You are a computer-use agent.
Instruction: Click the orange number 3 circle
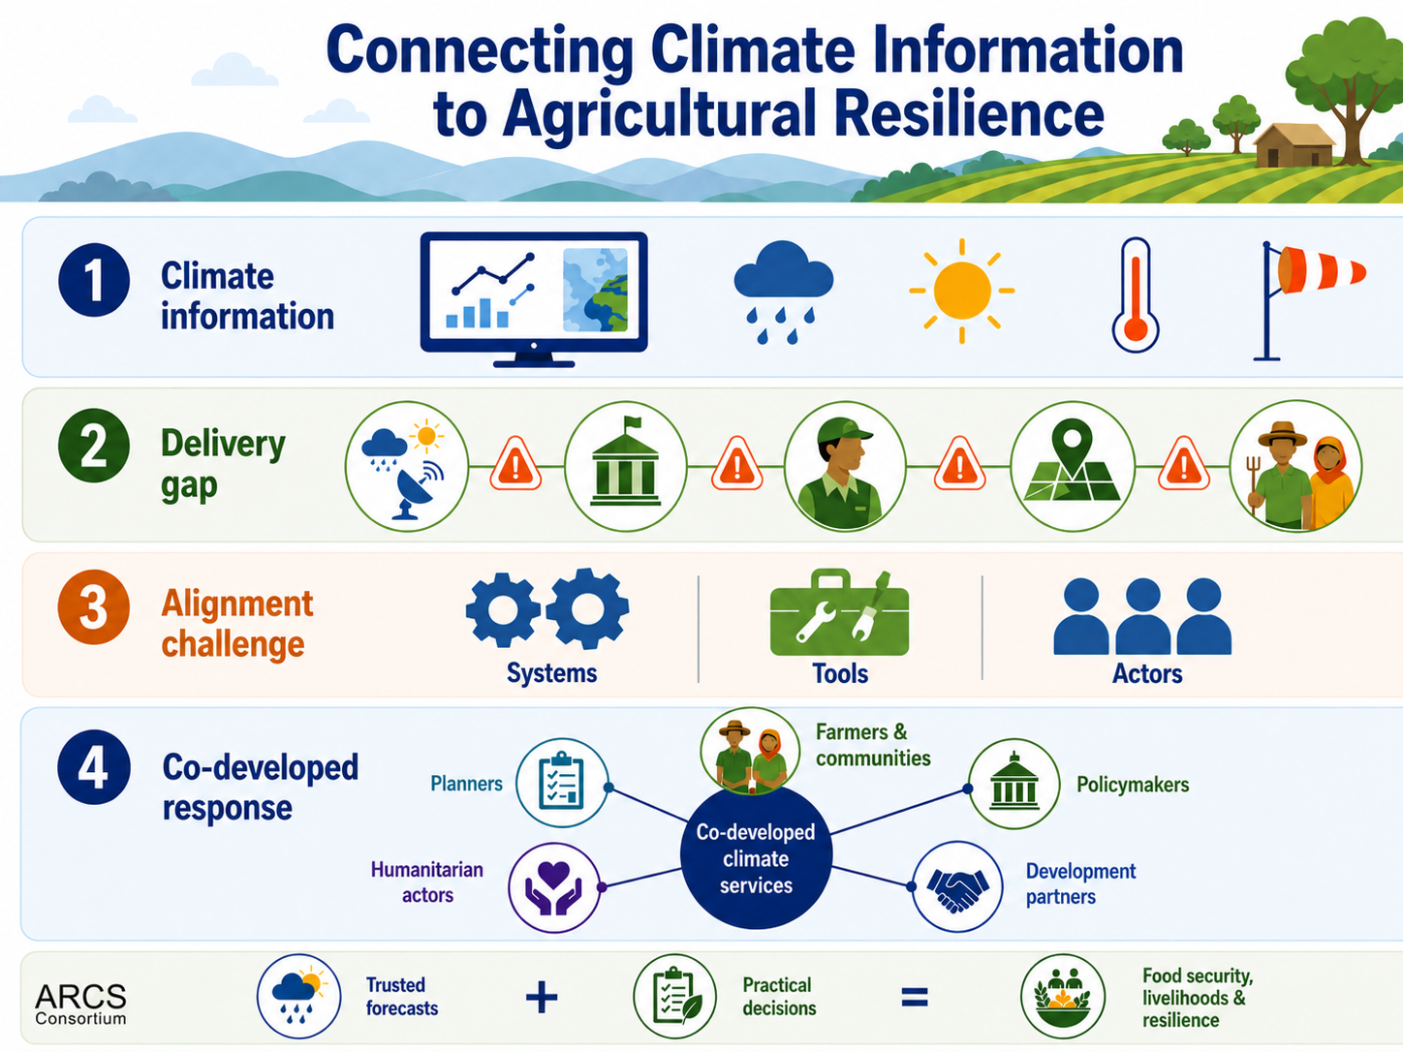point(93,606)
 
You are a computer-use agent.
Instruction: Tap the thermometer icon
point(1136,295)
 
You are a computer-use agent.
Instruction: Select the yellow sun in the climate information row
point(961,291)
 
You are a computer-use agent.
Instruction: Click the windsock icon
point(1309,301)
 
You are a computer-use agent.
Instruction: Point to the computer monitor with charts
point(534,299)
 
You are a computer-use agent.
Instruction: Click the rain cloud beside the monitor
point(783,292)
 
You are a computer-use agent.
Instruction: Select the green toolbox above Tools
point(839,612)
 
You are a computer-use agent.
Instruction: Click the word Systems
point(551,673)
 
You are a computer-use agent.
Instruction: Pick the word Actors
point(1147,674)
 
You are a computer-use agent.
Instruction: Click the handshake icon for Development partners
point(957,886)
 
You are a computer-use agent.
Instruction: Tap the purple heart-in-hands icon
point(554,887)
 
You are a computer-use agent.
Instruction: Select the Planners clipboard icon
point(562,783)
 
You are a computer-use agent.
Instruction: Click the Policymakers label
point(1133,785)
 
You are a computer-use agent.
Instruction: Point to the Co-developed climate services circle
point(756,857)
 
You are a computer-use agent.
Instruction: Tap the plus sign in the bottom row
point(542,997)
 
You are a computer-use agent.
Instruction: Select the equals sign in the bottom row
point(914,997)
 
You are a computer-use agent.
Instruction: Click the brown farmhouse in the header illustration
point(1294,145)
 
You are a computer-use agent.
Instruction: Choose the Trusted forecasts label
point(401,997)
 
